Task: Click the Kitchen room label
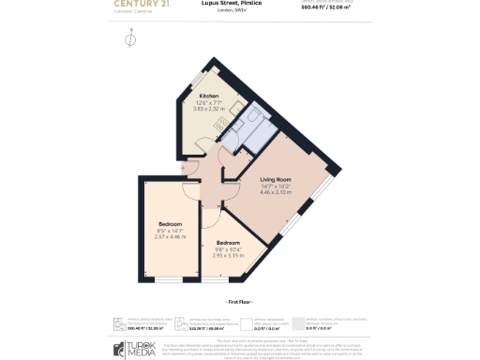point(209,96)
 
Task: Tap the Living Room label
point(276,178)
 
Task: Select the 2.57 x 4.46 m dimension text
point(170,237)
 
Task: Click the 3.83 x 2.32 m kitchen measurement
point(209,109)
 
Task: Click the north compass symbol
point(130,39)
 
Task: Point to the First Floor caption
point(240,302)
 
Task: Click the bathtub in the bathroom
point(251,119)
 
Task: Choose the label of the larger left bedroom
point(170,224)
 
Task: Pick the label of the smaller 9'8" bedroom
point(227,242)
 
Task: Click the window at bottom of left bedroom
point(171,280)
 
